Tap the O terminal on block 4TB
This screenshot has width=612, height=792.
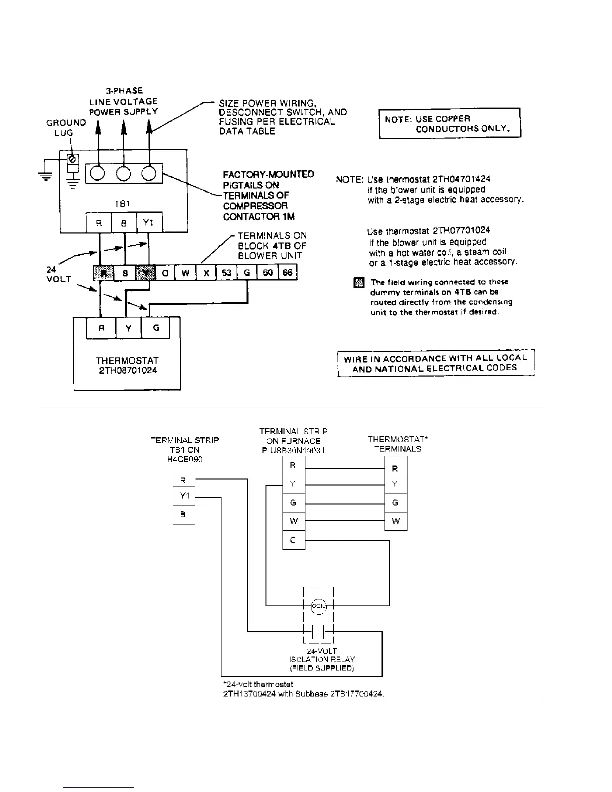click(x=165, y=273)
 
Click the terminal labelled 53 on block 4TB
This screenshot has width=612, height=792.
click(x=227, y=273)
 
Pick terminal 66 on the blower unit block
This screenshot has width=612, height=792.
click(x=288, y=273)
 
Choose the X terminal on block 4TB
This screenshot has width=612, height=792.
click(x=206, y=273)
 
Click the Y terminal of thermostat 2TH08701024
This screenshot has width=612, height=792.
click(x=129, y=328)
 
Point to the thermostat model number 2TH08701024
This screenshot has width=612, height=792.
click(x=127, y=371)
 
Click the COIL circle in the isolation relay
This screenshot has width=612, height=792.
click(x=319, y=606)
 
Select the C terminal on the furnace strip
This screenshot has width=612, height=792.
click(x=293, y=540)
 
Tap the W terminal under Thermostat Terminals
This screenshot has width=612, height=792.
click(x=396, y=521)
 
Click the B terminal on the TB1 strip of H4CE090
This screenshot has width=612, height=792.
click(x=183, y=514)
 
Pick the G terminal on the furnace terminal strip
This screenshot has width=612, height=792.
click(x=293, y=503)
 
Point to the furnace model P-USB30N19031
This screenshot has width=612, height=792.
click(x=293, y=450)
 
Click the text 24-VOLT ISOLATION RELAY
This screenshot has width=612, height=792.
click(x=322, y=659)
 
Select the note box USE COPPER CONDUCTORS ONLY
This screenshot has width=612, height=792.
click(x=449, y=123)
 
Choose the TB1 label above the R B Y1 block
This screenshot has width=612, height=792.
click(x=123, y=204)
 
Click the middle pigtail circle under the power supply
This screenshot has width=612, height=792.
click(x=123, y=174)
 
